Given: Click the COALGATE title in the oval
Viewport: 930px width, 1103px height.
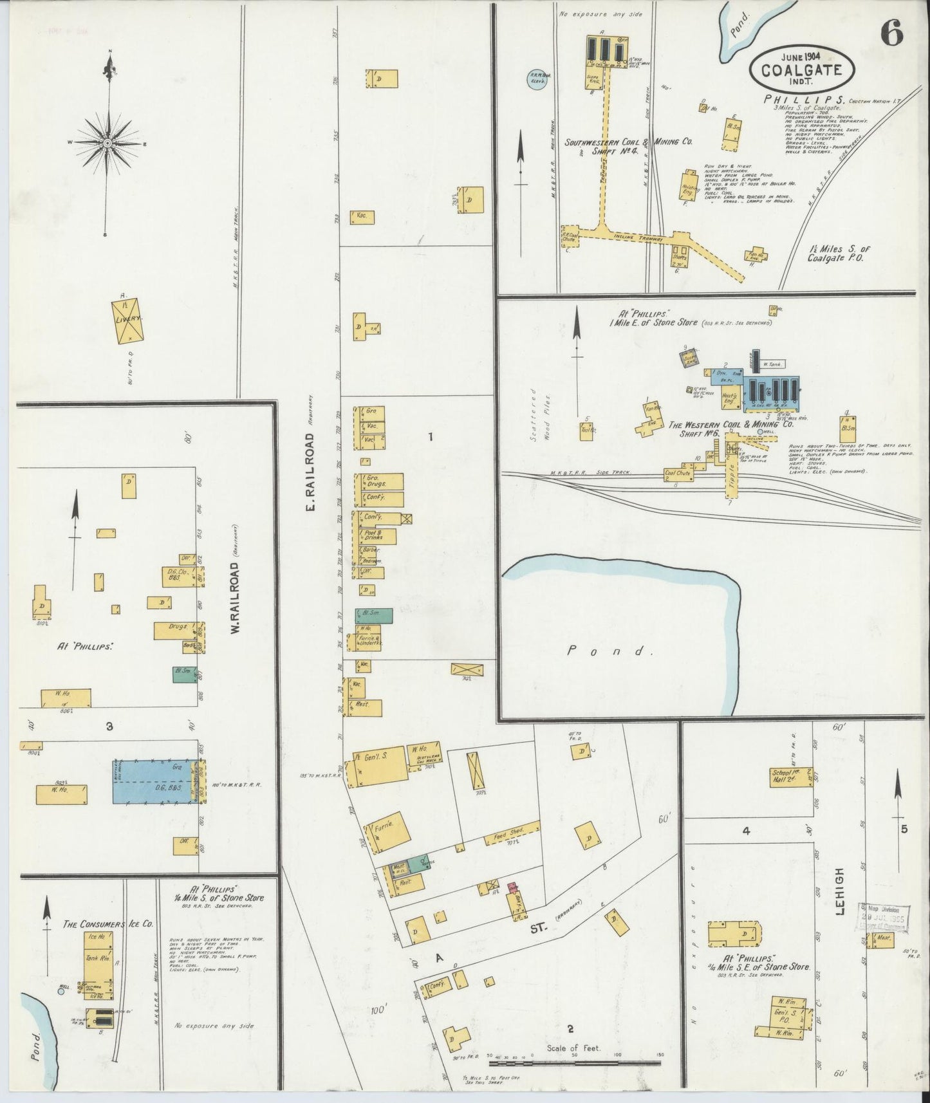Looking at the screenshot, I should pos(802,70).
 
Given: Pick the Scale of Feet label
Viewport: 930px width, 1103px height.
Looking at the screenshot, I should pos(573,1048).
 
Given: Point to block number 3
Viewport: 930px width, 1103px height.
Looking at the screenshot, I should pos(109,727).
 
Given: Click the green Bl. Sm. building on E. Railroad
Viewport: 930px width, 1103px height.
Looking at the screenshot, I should pos(373,615).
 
